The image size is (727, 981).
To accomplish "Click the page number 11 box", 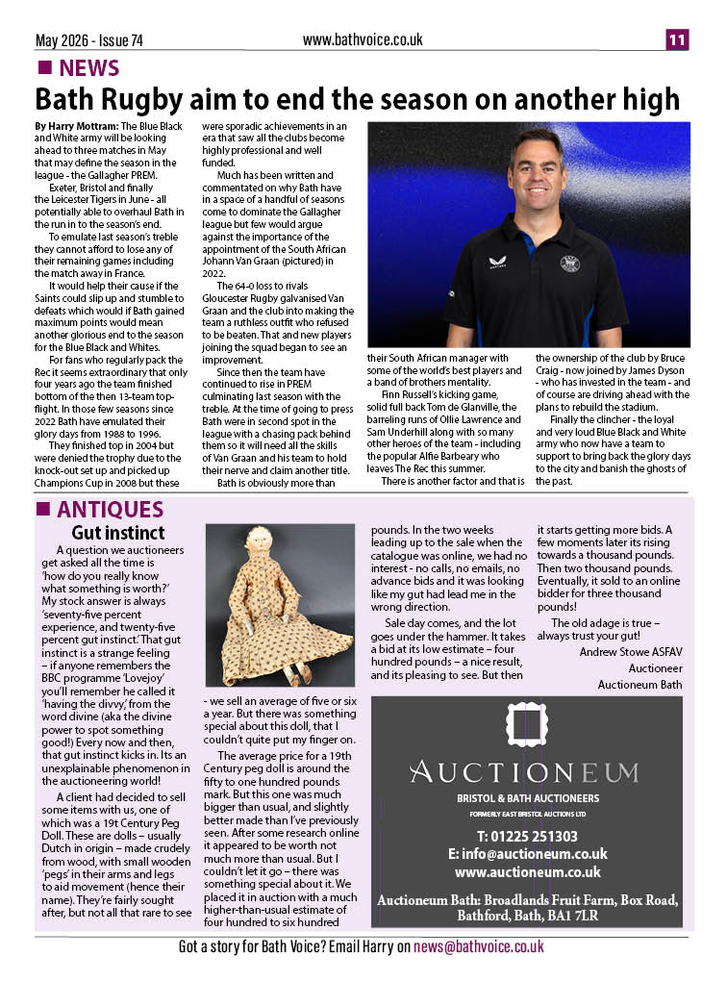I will [x=678, y=40].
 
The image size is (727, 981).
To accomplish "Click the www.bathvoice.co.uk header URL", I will [x=363, y=39].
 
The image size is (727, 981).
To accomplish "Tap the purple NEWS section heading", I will [x=88, y=68].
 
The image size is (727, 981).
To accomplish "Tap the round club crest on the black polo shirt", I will [x=569, y=263].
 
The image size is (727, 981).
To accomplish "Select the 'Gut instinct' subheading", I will [x=117, y=532].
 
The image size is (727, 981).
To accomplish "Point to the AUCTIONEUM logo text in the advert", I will [x=522, y=771].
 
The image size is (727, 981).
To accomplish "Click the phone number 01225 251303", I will [x=528, y=836].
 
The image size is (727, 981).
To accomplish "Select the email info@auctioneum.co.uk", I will [x=527, y=854].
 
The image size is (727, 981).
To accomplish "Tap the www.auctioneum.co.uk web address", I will [x=527, y=872].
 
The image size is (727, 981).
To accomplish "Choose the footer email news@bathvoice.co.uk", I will [x=479, y=947].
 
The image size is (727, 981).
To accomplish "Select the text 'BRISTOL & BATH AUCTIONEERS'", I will [x=527, y=798].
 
